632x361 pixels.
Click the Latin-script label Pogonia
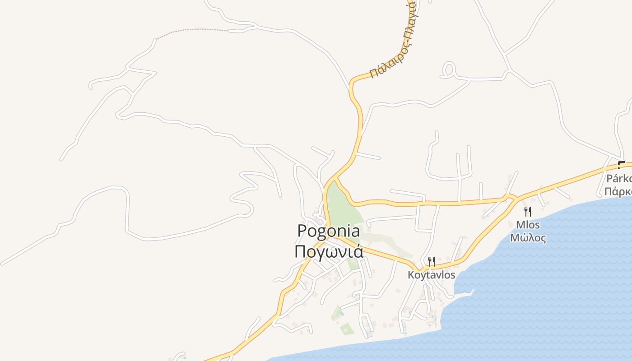tap(328, 231)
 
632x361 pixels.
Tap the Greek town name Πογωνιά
tap(328, 251)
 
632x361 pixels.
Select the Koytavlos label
tap(431, 275)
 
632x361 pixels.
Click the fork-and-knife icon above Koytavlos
tap(431, 261)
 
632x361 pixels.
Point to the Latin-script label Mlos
tap(528, 225)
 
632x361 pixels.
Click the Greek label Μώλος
tap(528, 238)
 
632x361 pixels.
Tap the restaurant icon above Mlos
tap(527, 211)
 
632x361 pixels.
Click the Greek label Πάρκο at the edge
tap(618, 191)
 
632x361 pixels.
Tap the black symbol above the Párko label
tap(621, 165)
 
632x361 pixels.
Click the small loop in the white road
tap(448, 69)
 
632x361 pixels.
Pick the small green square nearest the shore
tap(347, 329)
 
